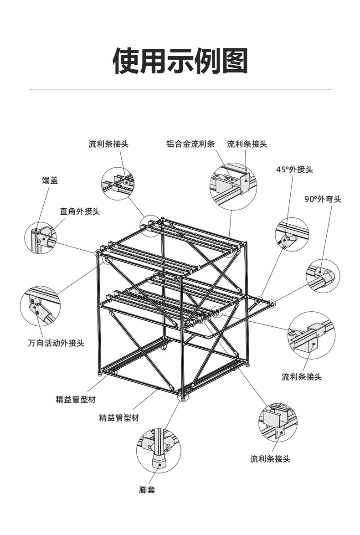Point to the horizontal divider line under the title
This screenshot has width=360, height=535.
pyautogui.click(x=180, y=90)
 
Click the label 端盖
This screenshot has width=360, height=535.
pyautogui.click(x=50, y=181)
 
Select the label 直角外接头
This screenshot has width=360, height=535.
pyautogui.click(x=80, y=211)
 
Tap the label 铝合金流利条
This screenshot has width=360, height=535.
pyautogui.click(x=190, y=144)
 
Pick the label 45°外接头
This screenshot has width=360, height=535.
pyautogui.click(x=294, y=170)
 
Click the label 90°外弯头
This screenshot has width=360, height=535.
pyautogui.click(x=323, y=199)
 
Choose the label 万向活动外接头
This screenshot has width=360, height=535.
pyautogui.click(x=56, y=343)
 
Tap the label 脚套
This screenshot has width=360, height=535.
pyautogui.click(x=147, y=490)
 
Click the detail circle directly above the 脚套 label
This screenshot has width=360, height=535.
pyautogui.click(x=159, y=451)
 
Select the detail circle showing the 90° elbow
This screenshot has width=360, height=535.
pyautogui.click(x=324, y=276)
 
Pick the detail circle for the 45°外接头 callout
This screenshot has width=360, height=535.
pyautogui.click(x=292, y=234)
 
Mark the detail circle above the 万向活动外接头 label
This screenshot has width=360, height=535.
pyautogui.click(x=40, y=306)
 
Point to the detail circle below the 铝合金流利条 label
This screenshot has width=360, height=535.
pyautogui.click(x=233, y=186)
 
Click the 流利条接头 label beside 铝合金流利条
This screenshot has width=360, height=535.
pyautogui.click(x=247, y=144)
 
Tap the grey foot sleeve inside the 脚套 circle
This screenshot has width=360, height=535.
pyautogui.click(x=159, y=461)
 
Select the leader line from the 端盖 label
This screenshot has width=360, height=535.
pyautogui.click(x=42, y=205)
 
